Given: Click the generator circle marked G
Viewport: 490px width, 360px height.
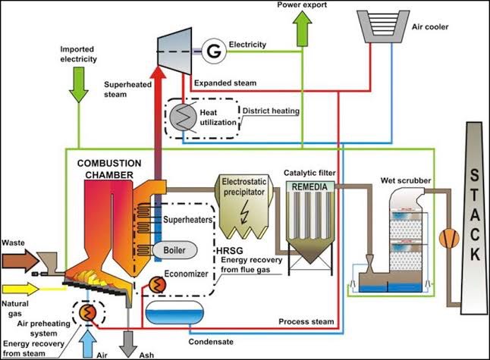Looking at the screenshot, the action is [x=214, y=52].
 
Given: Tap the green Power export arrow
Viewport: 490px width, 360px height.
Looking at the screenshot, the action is [x=302, y=29].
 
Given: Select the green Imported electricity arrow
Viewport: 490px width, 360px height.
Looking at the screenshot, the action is [x=78, y=85].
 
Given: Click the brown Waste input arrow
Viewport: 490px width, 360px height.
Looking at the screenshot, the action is [x=20, y=261].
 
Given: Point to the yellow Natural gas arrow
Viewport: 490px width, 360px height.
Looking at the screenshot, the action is [x=20, y=289].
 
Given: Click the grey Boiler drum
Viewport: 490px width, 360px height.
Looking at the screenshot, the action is [x=175, y=250].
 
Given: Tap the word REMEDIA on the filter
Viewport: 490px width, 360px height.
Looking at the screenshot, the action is [x=309, y=186].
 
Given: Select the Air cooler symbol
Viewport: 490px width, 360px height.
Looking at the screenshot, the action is [x=383, y=27].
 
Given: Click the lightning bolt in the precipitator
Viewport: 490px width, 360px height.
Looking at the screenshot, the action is [x=244, y=212].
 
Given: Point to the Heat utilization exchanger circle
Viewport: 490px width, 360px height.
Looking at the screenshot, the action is [x=183, y=117].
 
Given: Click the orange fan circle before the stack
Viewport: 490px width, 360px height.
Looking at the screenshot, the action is [x=449, y=239].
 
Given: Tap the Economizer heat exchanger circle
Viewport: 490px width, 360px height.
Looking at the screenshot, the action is [x=157, y=284].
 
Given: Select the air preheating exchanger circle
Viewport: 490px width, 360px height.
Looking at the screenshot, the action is [x=87, y=312].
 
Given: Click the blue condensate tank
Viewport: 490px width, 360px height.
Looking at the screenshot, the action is [x=174, y=312].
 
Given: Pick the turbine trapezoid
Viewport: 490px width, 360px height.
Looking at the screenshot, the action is [x=174, y=52].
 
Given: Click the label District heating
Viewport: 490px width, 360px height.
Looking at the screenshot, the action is [x=271, y=111].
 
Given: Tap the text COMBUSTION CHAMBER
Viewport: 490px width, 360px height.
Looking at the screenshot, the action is [x=109, y=169].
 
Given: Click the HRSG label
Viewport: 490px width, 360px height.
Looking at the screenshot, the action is [x=230, y=250].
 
